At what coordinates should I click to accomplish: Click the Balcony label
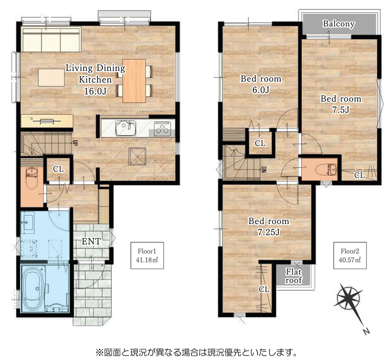click(x=339, y=24)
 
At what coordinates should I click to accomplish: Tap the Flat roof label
click(x=294, y=276)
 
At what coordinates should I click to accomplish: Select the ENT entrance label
click(x=91, y=241)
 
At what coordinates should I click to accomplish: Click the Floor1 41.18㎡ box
click(x=147, y=256)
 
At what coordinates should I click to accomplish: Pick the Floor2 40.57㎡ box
click(x=350, y=256)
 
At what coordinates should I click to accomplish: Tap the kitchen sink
click(x=126, y=128)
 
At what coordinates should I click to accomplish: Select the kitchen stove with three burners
click(x=162, y=129)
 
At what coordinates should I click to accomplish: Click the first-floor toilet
click(x=32, y=179)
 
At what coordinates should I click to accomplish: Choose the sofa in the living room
click(x=51, y=40)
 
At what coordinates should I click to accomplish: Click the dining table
click(x=134, y=80)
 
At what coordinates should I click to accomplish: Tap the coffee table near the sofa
click(x=51, y=77)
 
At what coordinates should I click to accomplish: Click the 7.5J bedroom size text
click(x=341, y=110)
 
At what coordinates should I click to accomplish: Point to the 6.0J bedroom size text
click(x=261, y=90)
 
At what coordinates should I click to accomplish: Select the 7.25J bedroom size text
click(x=269, y=232)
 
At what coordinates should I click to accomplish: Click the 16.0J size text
click(x=95, y=91)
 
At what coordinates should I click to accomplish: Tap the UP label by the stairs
click(x=75, y=143)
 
